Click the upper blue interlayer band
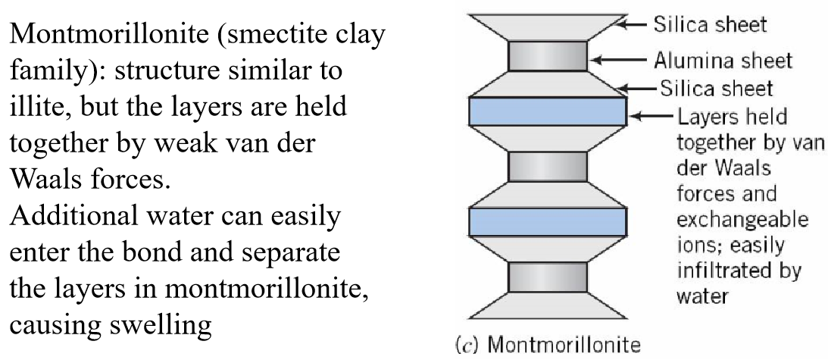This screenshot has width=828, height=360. (x=548, y=111)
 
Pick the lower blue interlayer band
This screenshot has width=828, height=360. (x=548, y=221)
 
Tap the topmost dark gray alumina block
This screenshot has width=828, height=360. (x=548, y=56)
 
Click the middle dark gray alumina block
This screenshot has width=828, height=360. (x=548, y=166)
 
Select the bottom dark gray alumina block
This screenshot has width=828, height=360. (x=548, y=276)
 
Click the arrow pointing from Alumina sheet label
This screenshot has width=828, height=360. (x=619, y=58)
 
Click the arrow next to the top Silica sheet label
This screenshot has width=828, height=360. (x=635, y=24)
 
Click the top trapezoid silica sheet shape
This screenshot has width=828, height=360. (x=548, y=27)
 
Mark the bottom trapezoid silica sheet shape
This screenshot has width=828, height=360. (x=548, y=305)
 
